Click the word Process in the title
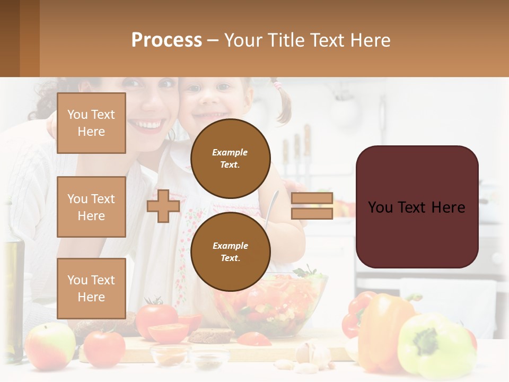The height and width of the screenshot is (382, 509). pyautogui.click(x=166, y=40)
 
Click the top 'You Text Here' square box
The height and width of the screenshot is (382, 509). pyautogui.click(x=91, y=123)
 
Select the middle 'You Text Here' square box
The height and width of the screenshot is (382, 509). pyautogui.click(x=91, y=207)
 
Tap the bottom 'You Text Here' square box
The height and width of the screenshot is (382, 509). pyautogui.click(x=91, y=288)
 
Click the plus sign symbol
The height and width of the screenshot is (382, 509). pyautogui.click(x=163, y=206)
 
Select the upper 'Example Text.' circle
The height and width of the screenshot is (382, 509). pyautogui.click(x=230, y=158)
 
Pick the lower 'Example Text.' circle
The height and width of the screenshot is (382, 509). pyautogui.click(x=230, y=251)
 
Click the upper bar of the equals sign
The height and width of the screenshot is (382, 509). pyautogui.click(x=312, y=198)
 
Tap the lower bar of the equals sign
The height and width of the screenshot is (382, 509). pyautogui.click(x=312, y=213)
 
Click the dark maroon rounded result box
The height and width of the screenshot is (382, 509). pyautogui.click(x=417, y=207)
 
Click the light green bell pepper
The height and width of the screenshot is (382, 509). pyautogui.click(x=435, y=345)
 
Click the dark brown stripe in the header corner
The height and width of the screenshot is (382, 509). pyautogui.click(x=10, y=38)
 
